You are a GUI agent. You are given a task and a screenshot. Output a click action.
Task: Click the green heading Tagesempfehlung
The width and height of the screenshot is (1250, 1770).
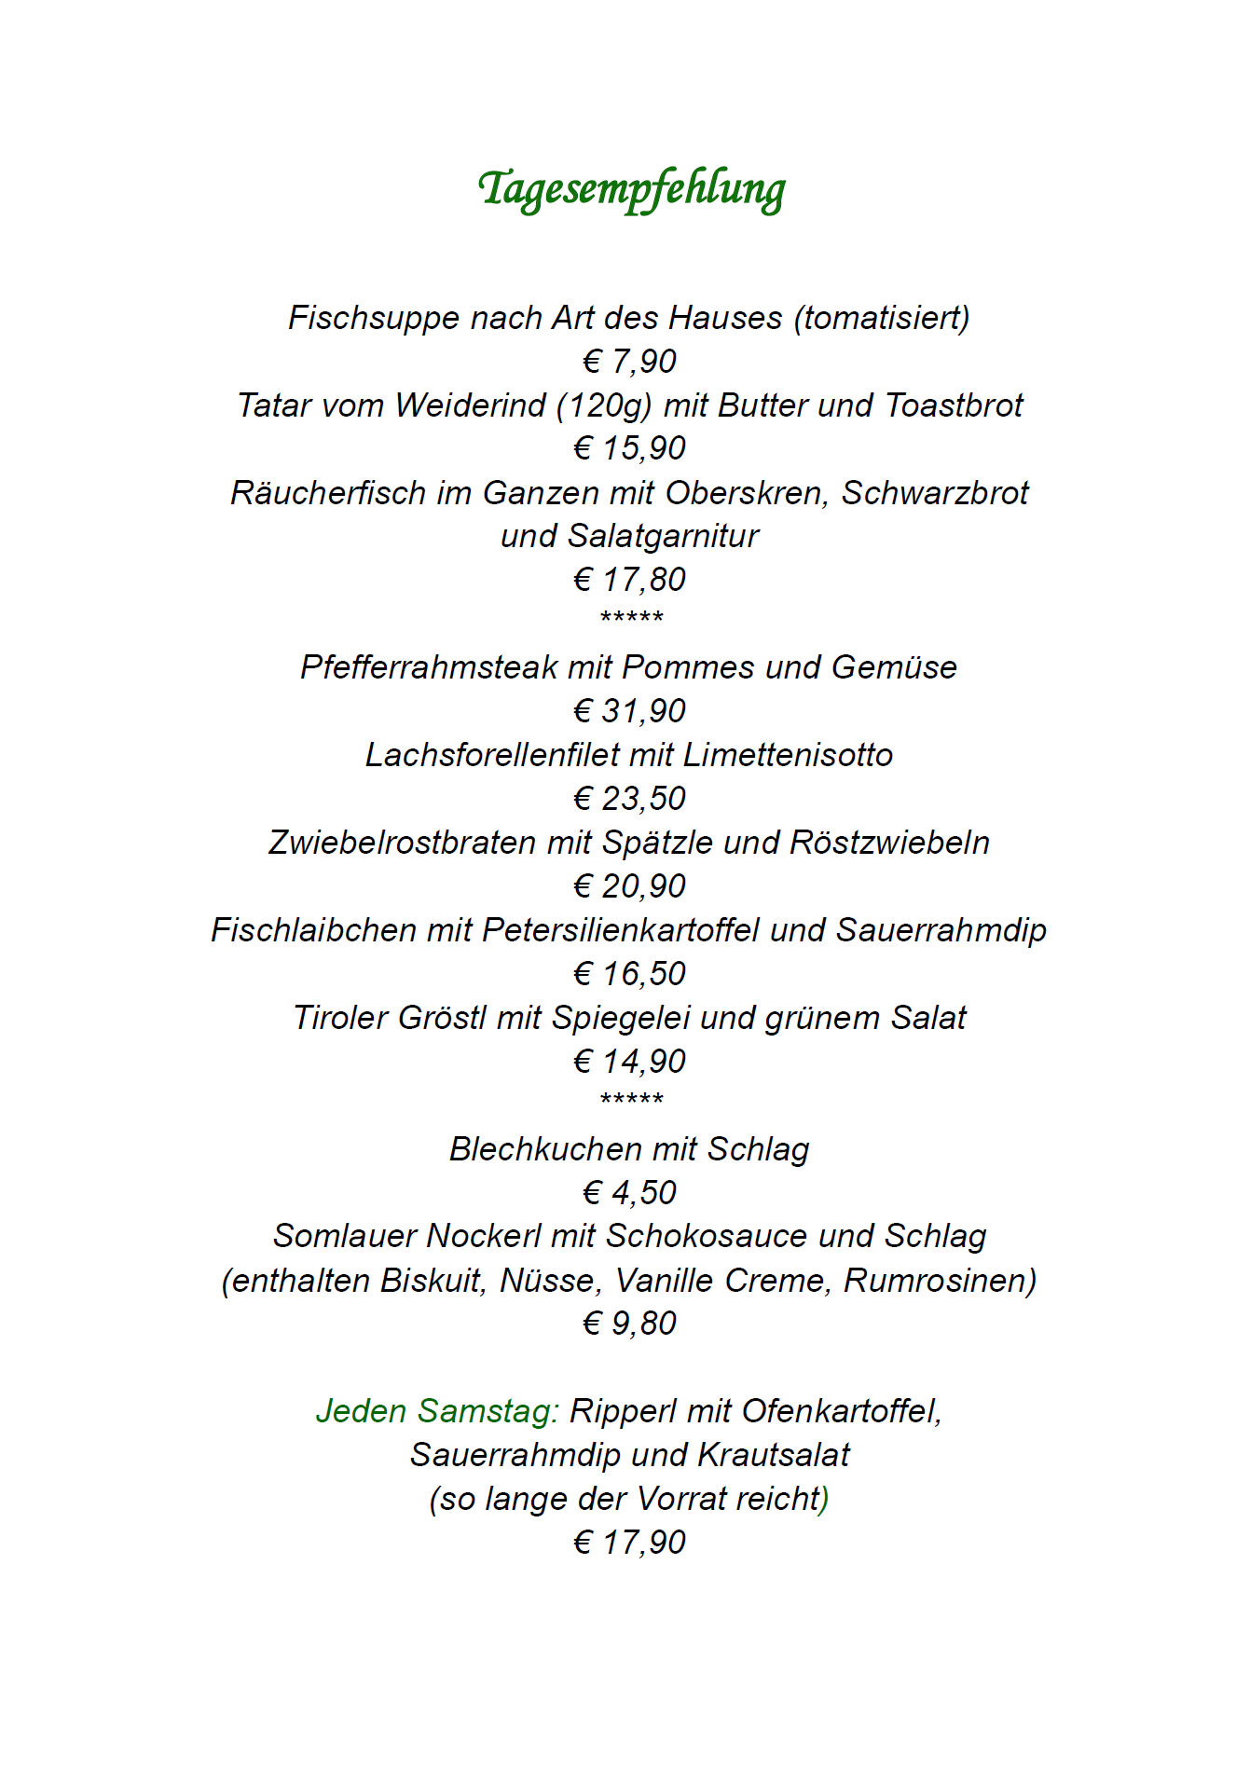[x=631, y=189]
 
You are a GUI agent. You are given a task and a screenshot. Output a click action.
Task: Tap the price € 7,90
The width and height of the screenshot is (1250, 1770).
[x=629, y=361]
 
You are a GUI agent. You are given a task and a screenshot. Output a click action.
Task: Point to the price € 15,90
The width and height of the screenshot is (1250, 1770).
[x=629, y=448]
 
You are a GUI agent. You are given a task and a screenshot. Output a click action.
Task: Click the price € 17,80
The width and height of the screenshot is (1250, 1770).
[x=629, y=580]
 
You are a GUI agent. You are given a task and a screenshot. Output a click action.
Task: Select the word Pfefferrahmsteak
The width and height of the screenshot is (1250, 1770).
[x=429, y=668]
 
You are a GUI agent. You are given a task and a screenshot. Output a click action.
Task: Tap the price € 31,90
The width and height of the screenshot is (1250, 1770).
[x=629, y=711]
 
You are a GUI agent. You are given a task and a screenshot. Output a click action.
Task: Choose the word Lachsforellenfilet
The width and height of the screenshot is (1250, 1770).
[x=492, y=755]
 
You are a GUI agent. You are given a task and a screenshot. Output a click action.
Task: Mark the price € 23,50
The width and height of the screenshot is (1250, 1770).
[x=629, y=799]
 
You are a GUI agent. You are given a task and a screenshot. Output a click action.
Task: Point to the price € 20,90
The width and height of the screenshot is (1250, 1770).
[x=629, y=886]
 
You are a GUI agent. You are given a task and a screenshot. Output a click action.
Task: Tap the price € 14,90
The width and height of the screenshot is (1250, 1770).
[x=629, y=1062]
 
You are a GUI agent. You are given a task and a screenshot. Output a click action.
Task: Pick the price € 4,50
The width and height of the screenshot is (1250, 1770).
[x=629, y=1193]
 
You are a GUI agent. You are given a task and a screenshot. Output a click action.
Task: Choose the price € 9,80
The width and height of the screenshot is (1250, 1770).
[x=629, y=1324]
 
